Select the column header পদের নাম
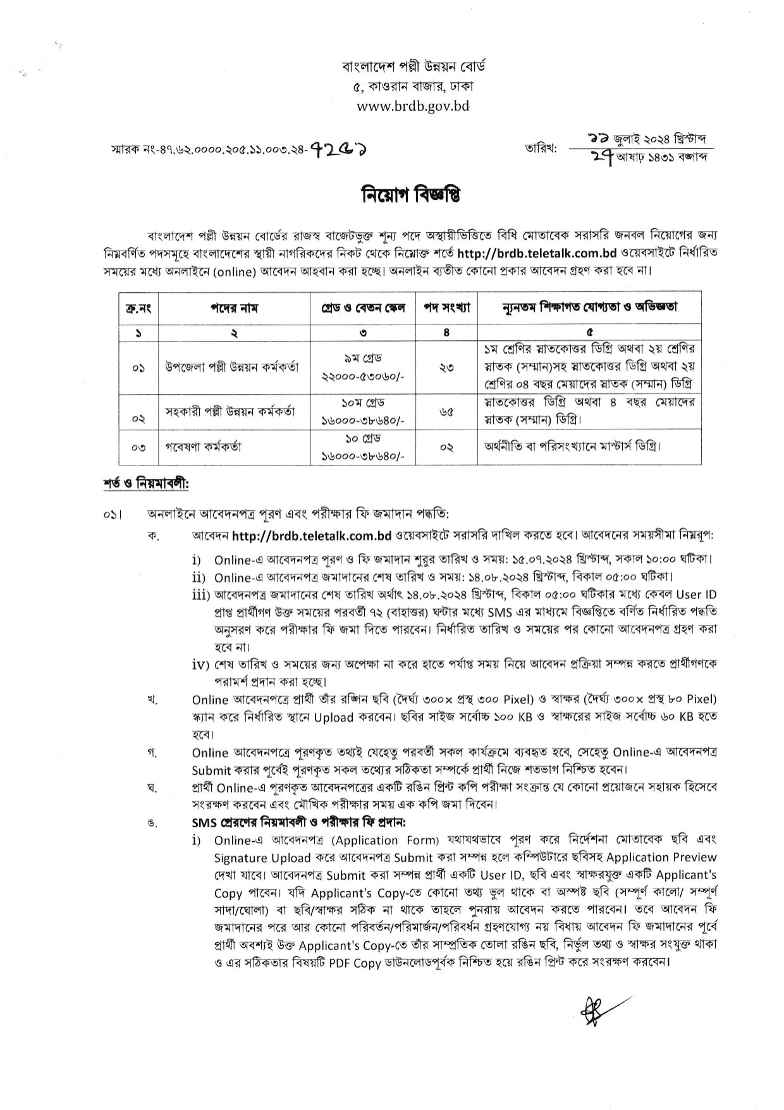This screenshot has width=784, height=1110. (x=233, y=308)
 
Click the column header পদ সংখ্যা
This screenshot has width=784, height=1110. (x=446, y=308)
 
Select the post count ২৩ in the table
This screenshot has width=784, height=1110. (x=446, y=367)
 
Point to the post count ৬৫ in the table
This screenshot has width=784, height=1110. (x=446, y=411)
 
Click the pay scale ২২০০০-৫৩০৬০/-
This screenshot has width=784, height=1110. (x=363, y=376)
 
